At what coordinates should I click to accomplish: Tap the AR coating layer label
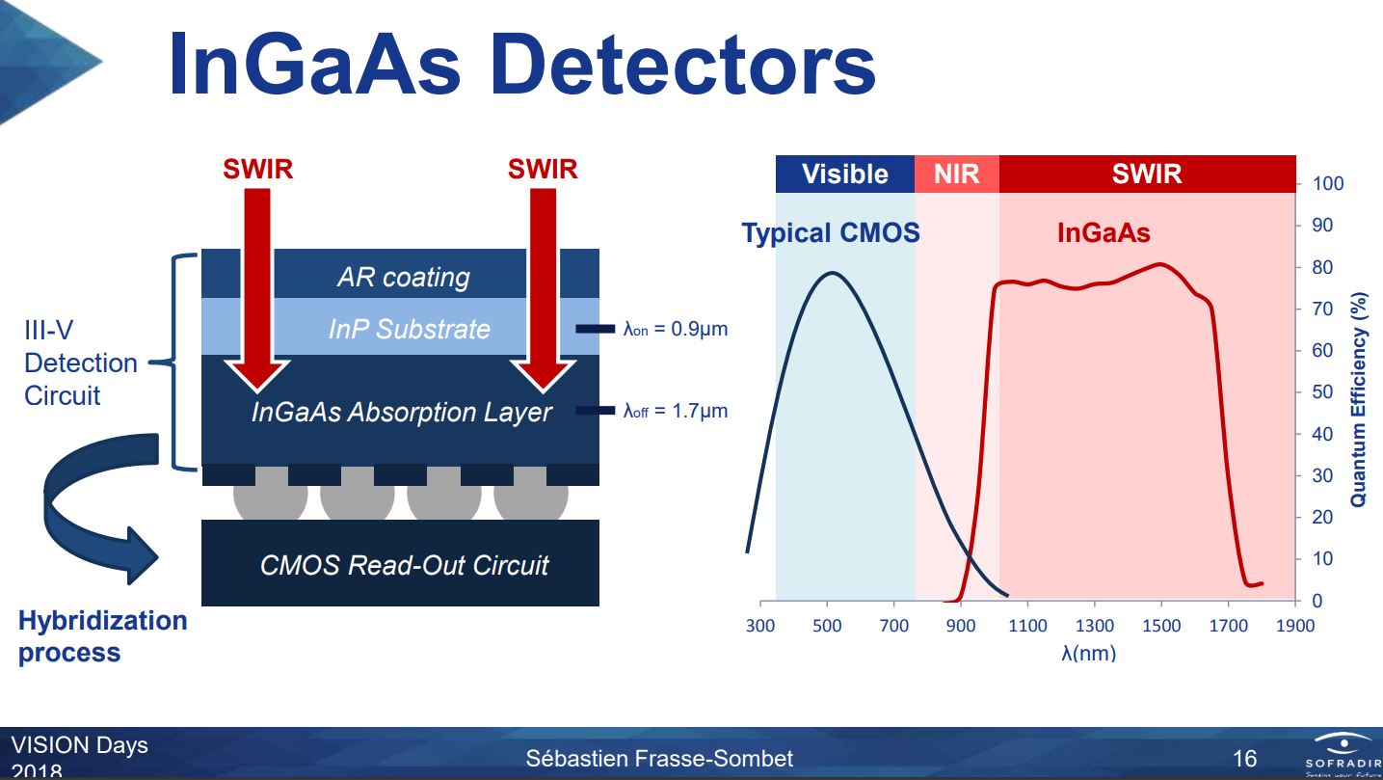(403, 278)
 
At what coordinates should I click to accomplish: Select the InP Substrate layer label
(409, 329)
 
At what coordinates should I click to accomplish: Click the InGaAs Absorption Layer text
(401, 413)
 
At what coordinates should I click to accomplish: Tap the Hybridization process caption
(102, 635)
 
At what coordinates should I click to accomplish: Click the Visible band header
(844, 175)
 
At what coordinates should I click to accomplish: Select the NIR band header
(956, 175)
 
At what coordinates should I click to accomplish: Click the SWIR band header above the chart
(1146, 175)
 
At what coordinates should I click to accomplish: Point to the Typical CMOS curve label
(830, 233)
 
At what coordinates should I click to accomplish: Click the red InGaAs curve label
(1103, 233)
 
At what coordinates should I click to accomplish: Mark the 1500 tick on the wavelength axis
(1161, 626)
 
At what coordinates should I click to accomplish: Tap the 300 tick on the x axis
(760, 626)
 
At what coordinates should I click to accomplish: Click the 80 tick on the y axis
(1321, 267)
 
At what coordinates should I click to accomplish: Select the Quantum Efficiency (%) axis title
(1359, 398)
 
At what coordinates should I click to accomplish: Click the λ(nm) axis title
(1088, 653)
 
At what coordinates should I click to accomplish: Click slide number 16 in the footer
(1245, 757)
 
